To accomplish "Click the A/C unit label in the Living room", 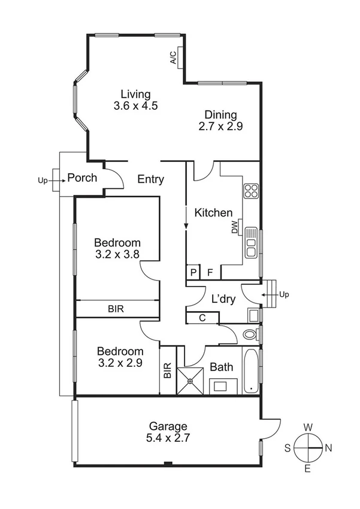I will [x=173, y=58].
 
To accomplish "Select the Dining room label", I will [x=221, y=115].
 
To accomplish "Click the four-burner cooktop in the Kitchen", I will [x=251, y=191].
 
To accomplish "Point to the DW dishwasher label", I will [x=235, y=228].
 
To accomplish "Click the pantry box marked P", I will [x=193, y=272].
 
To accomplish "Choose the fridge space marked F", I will [x=210, y=272].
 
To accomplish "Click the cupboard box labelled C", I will [x=202, y=318].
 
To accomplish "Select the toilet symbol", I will [x=250, y=333].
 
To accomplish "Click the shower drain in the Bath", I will [x=192, y=379].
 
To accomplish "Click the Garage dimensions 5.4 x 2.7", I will [x=168, y=438].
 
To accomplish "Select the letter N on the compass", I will [x=328, y=448].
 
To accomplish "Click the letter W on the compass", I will [x=308, y=427].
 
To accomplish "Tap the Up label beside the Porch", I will [x=43, y=179].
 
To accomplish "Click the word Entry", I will [x=151, y=179].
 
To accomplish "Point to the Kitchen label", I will [x=214, y=213].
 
